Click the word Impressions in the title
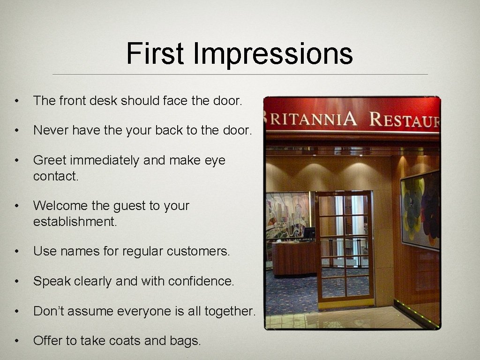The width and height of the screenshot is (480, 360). click(272, 53)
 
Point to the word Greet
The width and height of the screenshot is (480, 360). click(50, 160)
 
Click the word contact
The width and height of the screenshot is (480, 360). click(52, 176)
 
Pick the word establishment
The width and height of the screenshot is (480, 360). click(75, 221)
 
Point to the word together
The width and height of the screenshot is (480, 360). click(230, 311)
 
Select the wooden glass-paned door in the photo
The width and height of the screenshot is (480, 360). click(345, 246)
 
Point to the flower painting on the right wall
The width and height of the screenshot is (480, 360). click(420, 210)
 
